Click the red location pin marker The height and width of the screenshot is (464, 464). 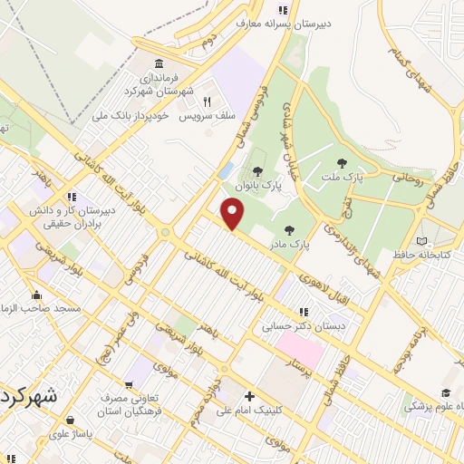(233, 214)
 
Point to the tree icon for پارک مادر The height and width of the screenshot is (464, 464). (289, 230)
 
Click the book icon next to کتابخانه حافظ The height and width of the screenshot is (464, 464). (420, 240)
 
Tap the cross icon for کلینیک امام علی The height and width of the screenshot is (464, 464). (248, 396)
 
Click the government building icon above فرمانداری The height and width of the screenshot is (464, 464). (159, 63)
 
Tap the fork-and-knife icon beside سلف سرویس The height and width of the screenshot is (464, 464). (207, 101)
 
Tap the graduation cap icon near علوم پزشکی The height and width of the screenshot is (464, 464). (445, 392)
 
